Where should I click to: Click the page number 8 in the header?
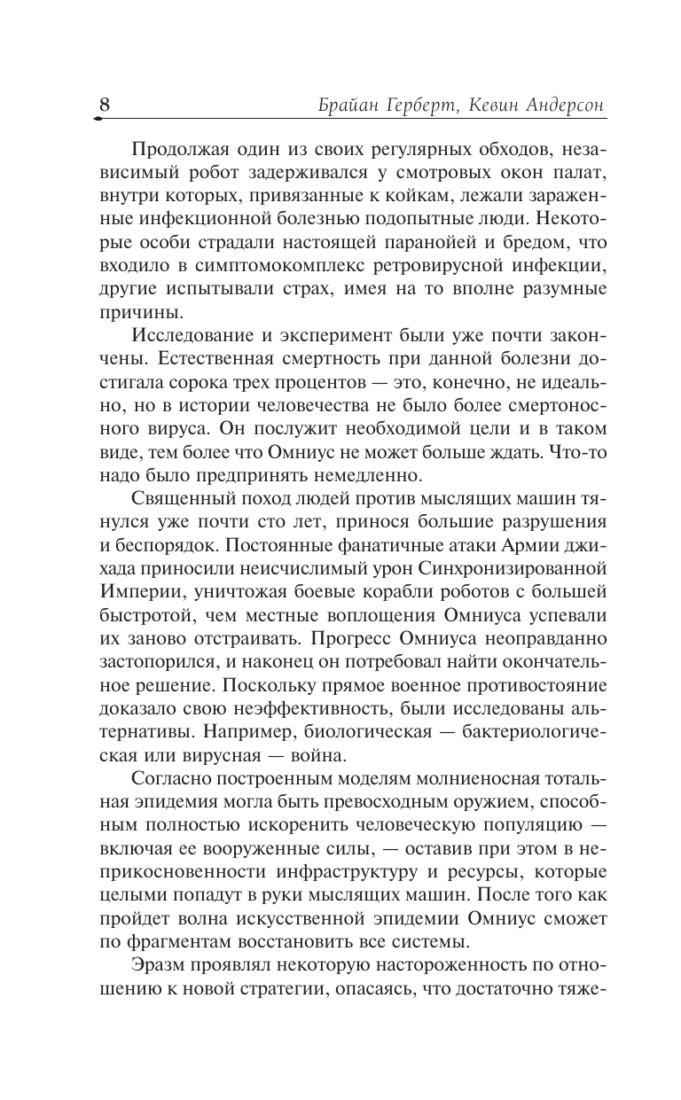pyautogui.click(x=104, y=104)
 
